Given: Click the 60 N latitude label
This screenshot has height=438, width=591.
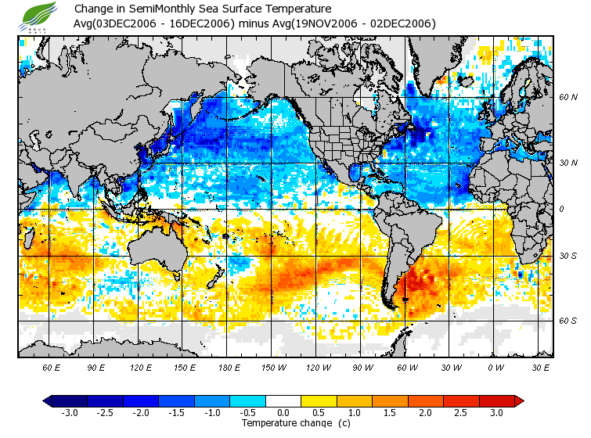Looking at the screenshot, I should [568, 97].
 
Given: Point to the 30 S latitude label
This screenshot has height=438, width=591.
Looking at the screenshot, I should [568, 257].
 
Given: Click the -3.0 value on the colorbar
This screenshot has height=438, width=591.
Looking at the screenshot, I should [69, 412].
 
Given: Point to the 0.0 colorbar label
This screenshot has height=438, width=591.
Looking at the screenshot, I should [283, 412].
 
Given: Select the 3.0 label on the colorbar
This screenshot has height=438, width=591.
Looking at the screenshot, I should [496, 412].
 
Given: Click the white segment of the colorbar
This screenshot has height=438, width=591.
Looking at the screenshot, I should [283, 400].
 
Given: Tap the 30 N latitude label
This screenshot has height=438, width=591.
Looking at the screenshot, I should [568, 162].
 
